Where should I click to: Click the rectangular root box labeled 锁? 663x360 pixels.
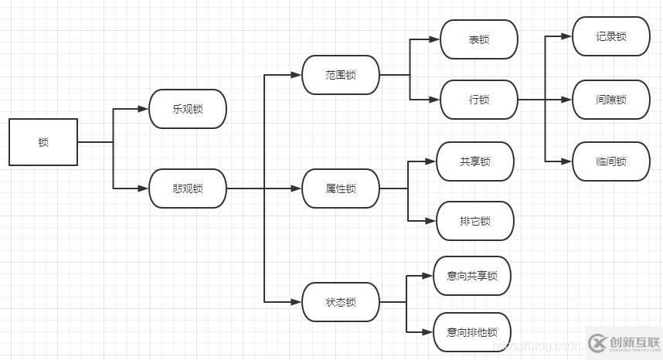(43, 142)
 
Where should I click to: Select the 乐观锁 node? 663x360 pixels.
(188, 109)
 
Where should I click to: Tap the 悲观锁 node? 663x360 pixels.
(188, 188)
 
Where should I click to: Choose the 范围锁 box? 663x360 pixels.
(341, 75)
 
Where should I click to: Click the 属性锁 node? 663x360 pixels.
(341, 188)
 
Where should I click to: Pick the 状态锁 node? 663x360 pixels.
(341, 302)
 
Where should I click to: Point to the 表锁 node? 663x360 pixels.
(478, 39)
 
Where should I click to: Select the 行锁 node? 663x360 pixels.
(478, 100)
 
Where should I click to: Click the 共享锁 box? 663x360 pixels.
(474, 161)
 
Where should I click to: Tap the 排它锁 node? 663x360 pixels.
(474, 221)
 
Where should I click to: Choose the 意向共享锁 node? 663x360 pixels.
(471, 276)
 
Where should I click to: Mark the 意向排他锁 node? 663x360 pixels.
(471, 332)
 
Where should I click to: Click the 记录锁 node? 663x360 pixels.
(610, 36)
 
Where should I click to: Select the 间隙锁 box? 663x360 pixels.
(610, 100)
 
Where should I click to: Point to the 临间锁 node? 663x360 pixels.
(610, 161)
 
